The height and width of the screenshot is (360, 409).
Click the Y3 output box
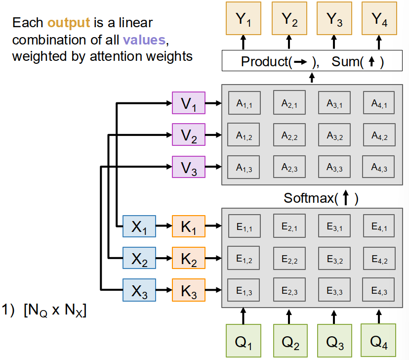334,19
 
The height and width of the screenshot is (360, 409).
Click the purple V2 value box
188,135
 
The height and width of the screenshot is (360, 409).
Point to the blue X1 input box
139,227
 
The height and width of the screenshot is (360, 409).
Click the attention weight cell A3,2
334,135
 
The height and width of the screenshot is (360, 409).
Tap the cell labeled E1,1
245,227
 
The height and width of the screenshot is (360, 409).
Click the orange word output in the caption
69,23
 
